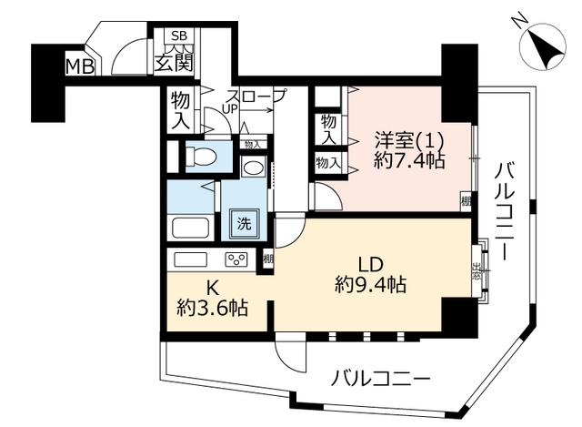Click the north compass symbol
pyautogui.click(x=543, y=46)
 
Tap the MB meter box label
pyautogui.click(x=79, y=66)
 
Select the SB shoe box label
pyautogui.click(x=179, y=36)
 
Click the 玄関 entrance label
pyautogui.click(x=174, y=62)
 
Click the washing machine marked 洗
pyautogui.click(x=245, y=224)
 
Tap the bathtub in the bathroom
pyautogui.click(x=190, y=228)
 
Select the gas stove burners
pyautogui.click(x=236, y=259)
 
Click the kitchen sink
pyautogui.click(x=190, y=259)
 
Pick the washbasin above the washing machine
pyautogui.click(x=253, y=166)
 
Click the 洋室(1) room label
pyautogui.click(x=408, y=140)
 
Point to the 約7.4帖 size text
pyautogui.click(x=409, y=160)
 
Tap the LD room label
pyautogui.click(x=370, y=265)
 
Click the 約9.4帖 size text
pyautogui.click(x=370, y=285)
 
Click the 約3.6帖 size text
pyautogui.click(x=212, y=308)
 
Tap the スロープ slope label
pyautogui.click(x=256, y=97)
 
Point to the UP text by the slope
pyautogui.click(x=229, y=109)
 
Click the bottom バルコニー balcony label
pyautogui.click(x=380, y=379)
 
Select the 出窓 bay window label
pyautogui.click(x=477, y=270)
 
